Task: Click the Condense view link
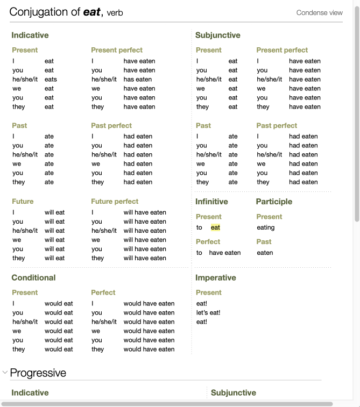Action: pos(319,13)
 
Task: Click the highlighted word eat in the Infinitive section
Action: pos(215,227)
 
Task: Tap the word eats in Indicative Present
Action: pos(51,80)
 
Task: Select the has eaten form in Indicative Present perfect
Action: pos(138,80)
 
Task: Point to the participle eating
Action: pos(266,227)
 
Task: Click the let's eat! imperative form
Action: pos(208,313)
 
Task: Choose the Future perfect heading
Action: pos(115,202)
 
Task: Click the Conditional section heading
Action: pos(33,278)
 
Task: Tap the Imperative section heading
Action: pos(215,278)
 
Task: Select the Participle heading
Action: pos(274,202)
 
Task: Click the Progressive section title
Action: pos(38,373)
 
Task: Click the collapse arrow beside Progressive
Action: pos(5,372)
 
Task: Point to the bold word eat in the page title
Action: pos(91,12)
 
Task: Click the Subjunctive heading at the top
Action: pos(217,35)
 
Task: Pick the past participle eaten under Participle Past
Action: pos(265,253)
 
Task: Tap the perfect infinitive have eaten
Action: pos(225,253)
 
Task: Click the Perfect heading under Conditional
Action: pos(103,293)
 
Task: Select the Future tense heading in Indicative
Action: pos(23,202)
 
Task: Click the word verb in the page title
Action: pos(115,13)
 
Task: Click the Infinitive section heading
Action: pos(211,202)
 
